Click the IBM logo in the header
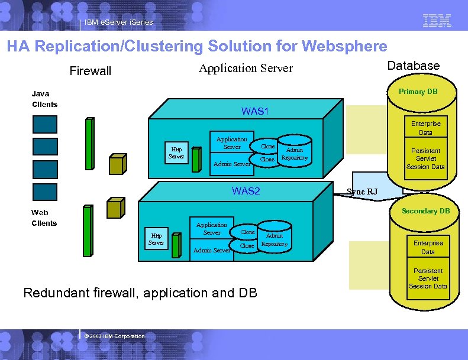(437, 21)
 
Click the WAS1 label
(255, 111)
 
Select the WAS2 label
(246, 191)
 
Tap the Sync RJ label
(362, 192)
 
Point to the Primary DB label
(418, 92)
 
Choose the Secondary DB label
(425, 211)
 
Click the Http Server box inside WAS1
(176, 153)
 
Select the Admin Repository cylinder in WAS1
(294, 154)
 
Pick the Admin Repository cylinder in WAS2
(274, 239)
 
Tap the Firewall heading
(90, 72)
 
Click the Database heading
(413, 66)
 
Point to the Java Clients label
(44, 99)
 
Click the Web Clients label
(44, 218)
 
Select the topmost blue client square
(45, 124)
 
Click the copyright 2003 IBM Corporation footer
(114, 336)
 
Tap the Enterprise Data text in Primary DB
(425, 128)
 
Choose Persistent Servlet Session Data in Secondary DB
(428, 278)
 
